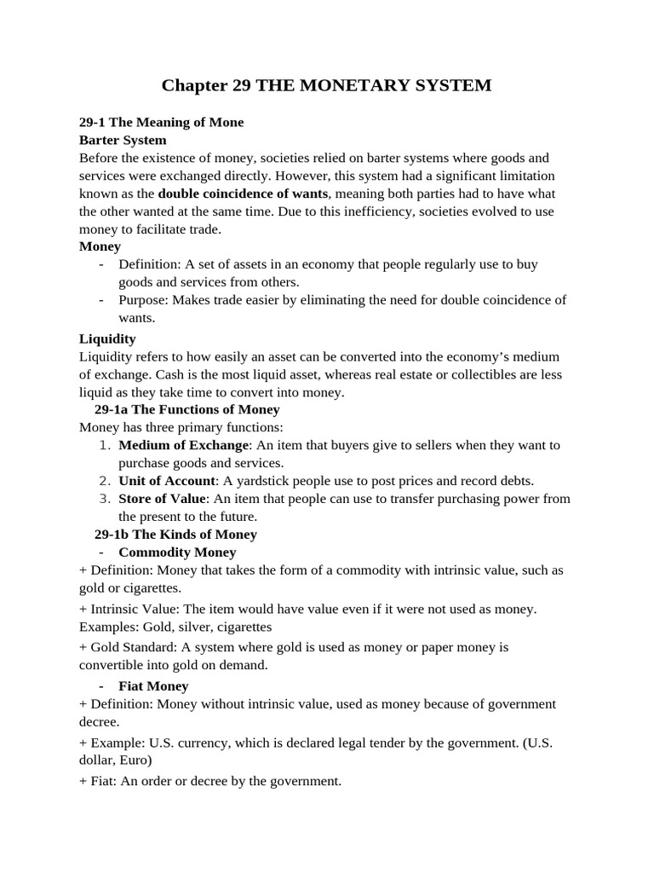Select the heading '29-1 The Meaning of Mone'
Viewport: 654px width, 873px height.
[161, 122]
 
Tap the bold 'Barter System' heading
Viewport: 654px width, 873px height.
[123, 140]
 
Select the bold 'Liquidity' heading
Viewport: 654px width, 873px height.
[107, 338]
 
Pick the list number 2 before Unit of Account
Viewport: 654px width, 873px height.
[105, 481]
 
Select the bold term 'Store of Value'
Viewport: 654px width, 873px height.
[162, 499]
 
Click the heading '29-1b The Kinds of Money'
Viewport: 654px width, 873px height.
[175, 535]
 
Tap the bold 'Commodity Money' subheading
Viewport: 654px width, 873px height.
[177, 552]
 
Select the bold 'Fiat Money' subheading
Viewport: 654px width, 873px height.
[153, 685]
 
